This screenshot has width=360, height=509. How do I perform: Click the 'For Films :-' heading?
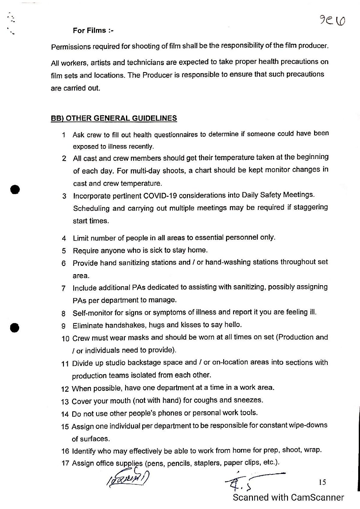[93, 30]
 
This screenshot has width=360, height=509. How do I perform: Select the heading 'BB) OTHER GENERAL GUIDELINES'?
[114, 118]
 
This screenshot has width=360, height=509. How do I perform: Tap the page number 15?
[322, 482]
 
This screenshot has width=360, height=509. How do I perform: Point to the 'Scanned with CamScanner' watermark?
[288, 498]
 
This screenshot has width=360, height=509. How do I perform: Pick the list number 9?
[63, 326]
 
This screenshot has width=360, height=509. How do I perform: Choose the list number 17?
[65, 463]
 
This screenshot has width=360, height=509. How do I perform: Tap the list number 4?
[64, 239]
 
